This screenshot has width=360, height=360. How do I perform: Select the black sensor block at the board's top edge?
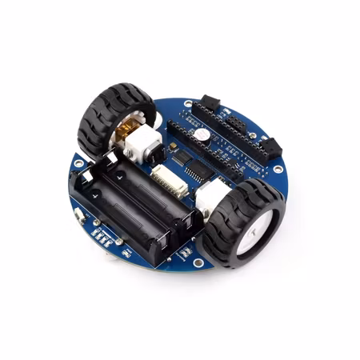click(210, 102)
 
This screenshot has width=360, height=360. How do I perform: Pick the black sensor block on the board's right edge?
click(270, 146)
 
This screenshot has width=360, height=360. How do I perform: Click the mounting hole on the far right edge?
click(277, 169)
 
